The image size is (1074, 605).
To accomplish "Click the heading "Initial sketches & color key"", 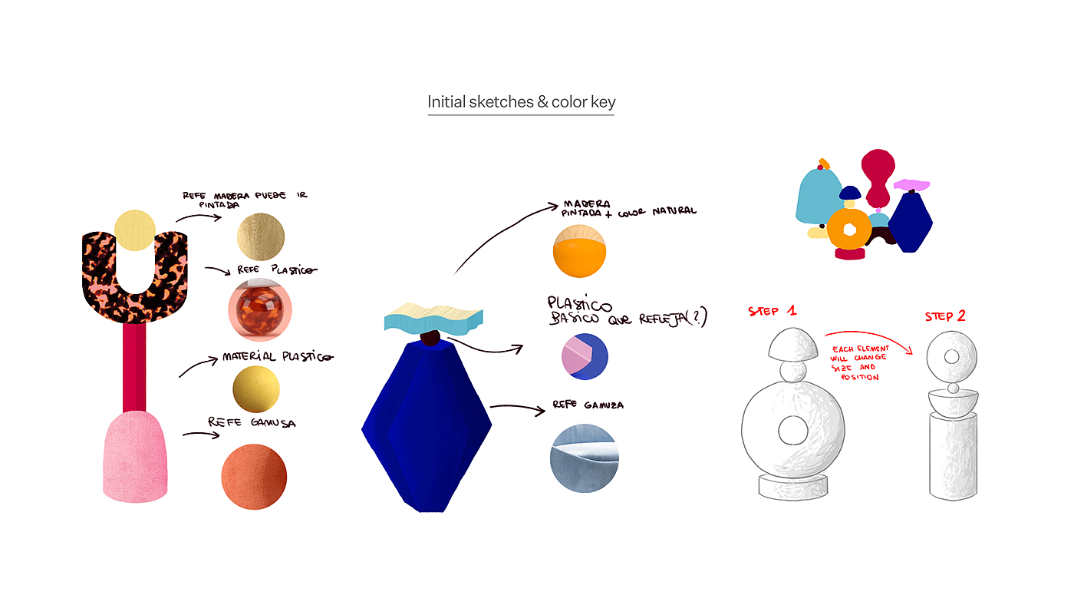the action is pos(521,101).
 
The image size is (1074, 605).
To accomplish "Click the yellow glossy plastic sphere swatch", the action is pos(256,390).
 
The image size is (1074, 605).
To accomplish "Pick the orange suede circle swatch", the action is pos(254,476).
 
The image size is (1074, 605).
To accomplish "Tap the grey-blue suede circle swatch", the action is pos(584,458).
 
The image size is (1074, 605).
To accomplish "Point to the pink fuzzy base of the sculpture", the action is pos(135,458).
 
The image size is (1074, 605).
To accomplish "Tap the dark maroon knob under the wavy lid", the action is pos(430,338).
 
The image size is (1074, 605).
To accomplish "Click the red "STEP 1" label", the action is pos(773,311).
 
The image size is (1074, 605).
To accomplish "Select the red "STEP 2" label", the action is pos(945,316).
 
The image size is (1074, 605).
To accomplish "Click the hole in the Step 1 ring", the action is pos(792,431).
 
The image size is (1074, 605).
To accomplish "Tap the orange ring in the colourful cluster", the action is pos(850,230).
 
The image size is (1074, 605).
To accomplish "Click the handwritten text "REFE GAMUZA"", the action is pos(588,405).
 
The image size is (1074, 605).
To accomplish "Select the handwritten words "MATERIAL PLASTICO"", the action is pos(277,357).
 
